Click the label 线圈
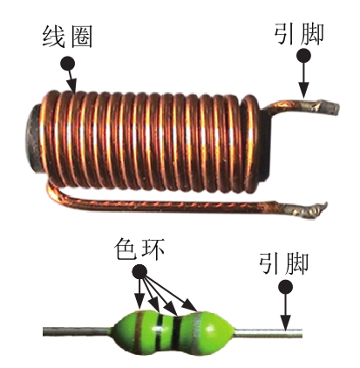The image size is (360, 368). click(x=67, y=37)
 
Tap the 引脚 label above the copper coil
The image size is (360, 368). click(x=299, y=34)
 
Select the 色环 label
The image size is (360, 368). click(x=139, y=249)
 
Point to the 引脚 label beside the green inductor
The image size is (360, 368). click(x=283, y=263)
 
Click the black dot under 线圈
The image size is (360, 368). click(x=67, y=63)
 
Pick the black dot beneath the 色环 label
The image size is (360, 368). click(x=139, y=272)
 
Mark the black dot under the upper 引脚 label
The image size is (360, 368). click(x=304, y=55)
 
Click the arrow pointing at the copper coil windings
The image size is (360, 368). click(x=71, y=81)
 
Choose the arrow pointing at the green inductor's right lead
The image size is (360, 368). click(x=286, y=312)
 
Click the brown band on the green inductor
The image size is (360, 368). click(x=140, y=331)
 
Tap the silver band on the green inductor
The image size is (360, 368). click(x=197, y=331)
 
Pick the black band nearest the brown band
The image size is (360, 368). click(x=159, y=332)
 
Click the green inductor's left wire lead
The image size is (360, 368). click(x=77, y=331)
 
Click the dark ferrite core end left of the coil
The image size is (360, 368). click(x=34, y=139)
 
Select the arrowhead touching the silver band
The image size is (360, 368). click(x=191, y=307)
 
